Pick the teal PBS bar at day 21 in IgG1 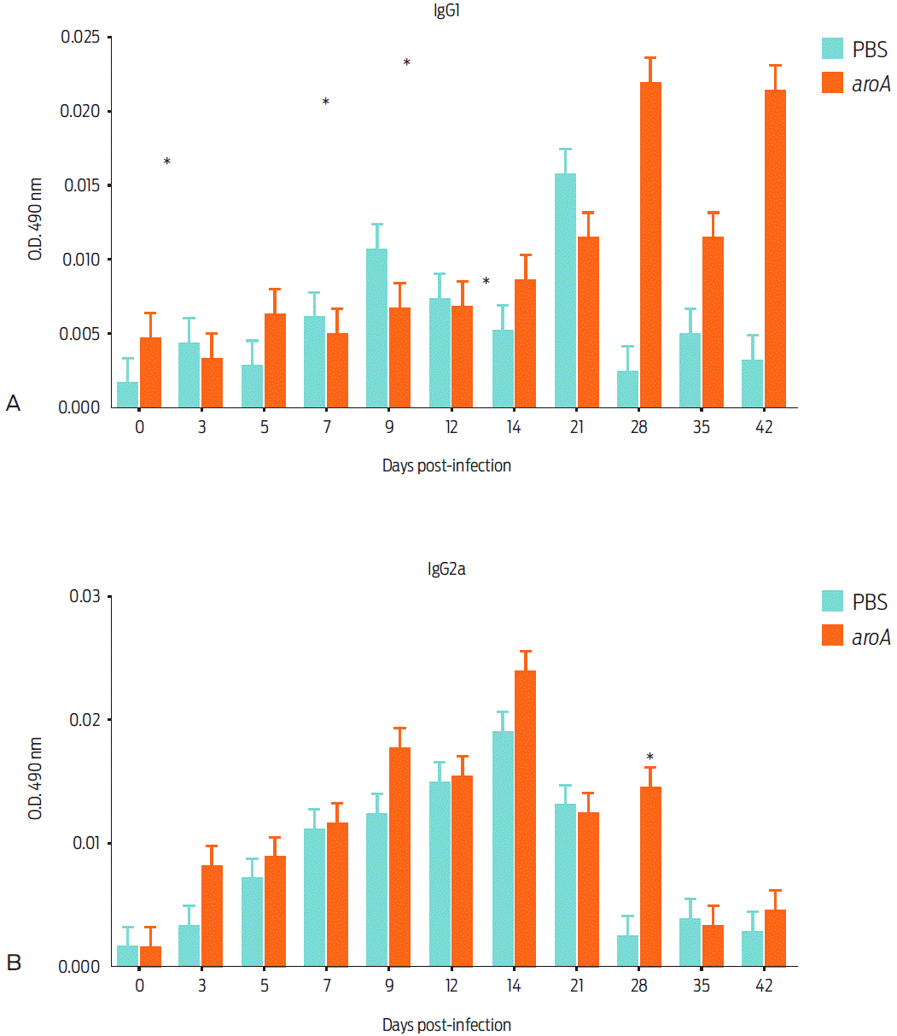point(565,290)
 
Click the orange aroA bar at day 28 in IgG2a point(650,876)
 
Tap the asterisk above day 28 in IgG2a point(649,757)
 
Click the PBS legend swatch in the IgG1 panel point(833,48)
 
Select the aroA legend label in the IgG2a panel point(871,636)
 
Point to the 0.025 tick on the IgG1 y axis point(81,38)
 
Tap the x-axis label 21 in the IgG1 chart point(576,428)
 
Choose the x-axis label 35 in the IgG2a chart point(702,986)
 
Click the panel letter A point(13,403)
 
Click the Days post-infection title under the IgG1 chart point(446,465)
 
